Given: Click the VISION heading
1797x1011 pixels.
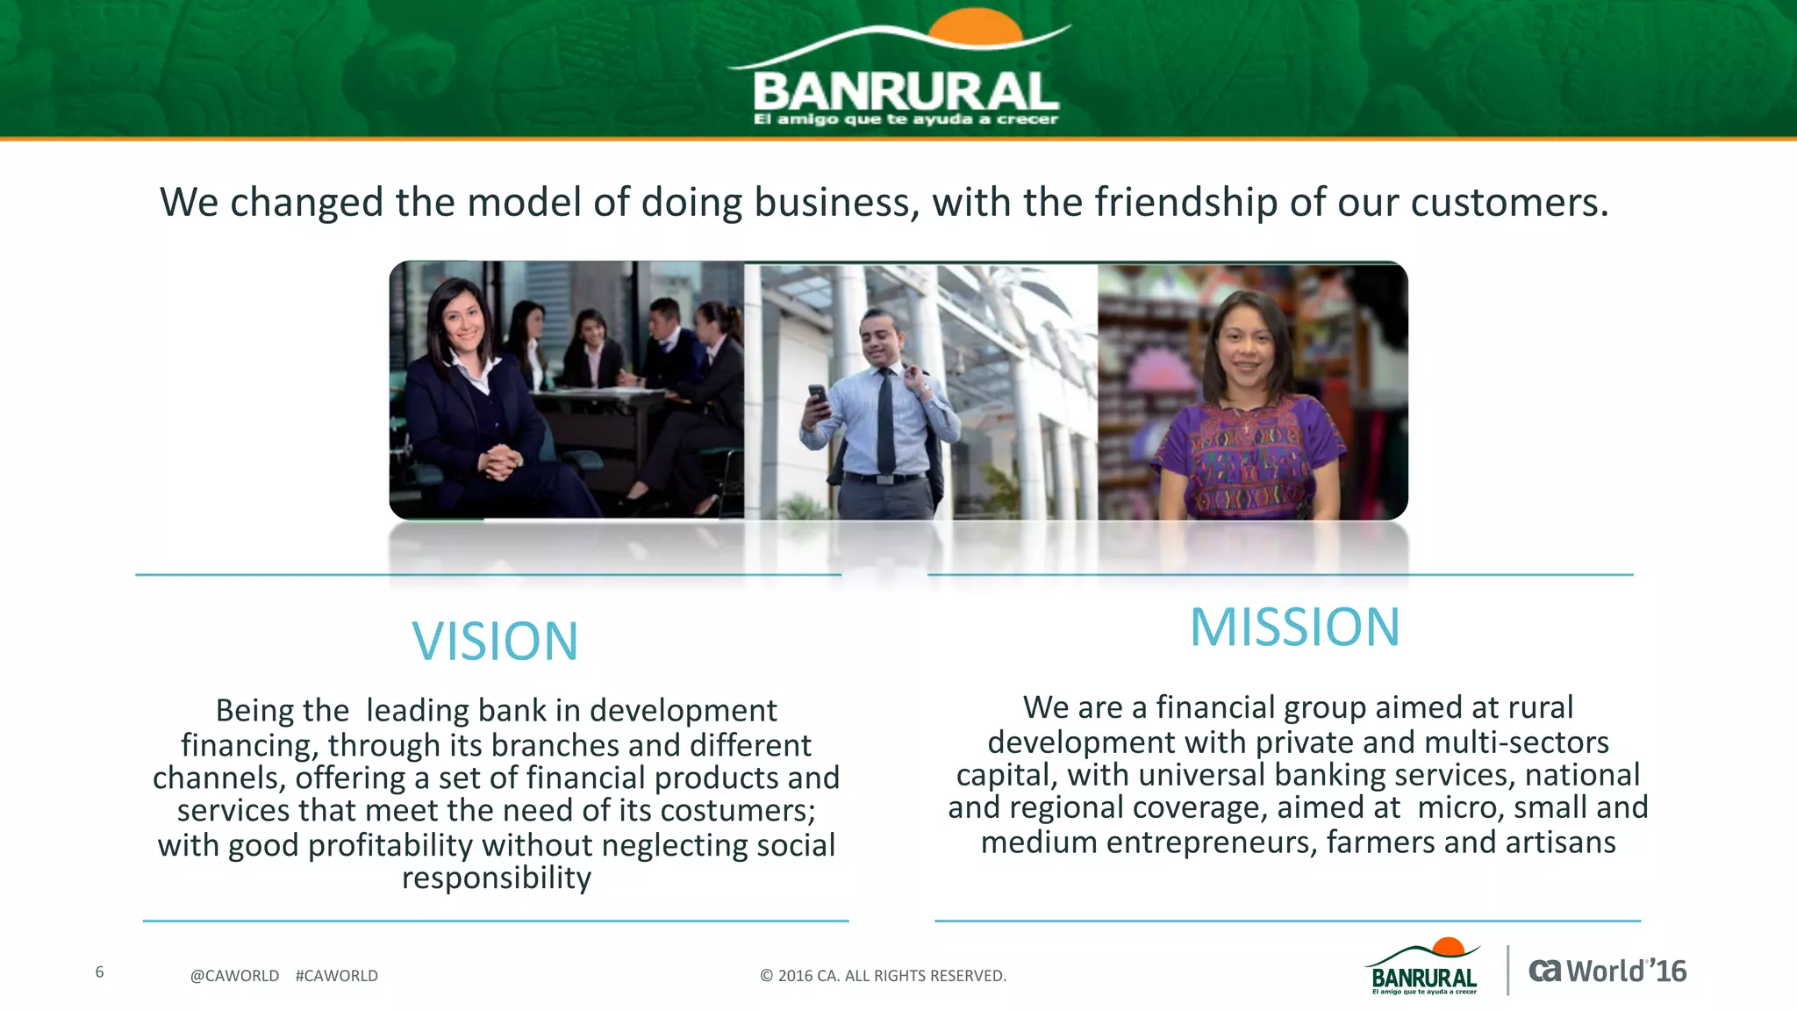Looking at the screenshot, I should pyautogui.click(x=495, y=642).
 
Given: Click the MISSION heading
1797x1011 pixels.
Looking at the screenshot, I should pyautogui.click(x=1294, y=627).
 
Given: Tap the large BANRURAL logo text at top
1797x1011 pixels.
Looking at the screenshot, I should pyautogui.click(x=906, y=91).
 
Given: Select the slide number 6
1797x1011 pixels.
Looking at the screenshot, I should pyautogui.click(x=99, y=972).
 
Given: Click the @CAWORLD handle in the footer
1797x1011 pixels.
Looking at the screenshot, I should pyautogui.click(x=234, y=976).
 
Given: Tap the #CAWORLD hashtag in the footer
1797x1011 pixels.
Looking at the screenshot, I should pyautogui.click(x=337, y=976).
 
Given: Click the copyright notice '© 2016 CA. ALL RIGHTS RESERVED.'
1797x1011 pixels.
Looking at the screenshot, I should pyautogui.click(x=883, y=976).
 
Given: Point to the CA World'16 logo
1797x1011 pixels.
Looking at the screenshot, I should pyautogui.click(x=1607, y=972).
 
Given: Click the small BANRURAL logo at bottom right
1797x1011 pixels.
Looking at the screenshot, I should pyautogui.click(x=1423, y=970).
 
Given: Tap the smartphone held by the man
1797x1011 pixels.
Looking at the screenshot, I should pyautogui.click(x=818, y=398).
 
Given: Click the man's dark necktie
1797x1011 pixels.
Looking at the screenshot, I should pyautogui.click(x=886, y=421).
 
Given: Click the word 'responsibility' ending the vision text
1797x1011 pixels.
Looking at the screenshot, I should pyautogui.click(x=497, y=878).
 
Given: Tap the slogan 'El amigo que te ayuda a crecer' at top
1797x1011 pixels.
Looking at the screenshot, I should pyautogui.click(x=906, y=119).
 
